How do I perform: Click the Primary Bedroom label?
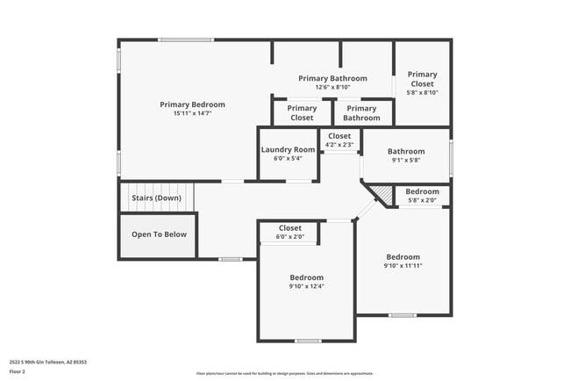(x=192, y=104)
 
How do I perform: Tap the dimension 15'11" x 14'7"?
(x=192, y=113)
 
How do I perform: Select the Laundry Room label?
(x=288, y=150)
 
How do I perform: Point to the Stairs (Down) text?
(x=156, y=198)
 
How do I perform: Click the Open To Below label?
(x=159, y=234)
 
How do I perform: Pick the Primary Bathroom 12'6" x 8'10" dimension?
(x=332, y=87)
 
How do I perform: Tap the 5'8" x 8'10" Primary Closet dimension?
(x=422, y=92)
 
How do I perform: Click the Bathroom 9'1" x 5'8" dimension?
(x=407, y=160)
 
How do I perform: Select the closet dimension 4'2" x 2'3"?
(x=338, y=145)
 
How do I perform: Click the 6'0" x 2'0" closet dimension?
(x=289, y=236)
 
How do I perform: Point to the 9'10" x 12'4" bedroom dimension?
(x=307, y=286)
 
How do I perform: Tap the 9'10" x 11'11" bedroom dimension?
(x=403, y=266)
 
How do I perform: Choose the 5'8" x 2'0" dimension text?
(x=423, y=200)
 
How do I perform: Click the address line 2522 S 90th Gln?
(x=48, y=362)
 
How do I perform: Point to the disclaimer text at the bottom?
(x=285, y=373)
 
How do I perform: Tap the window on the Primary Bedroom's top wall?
(x=186, y=40)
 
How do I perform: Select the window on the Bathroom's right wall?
(x=452, y=158)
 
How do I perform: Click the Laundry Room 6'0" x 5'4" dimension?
(x=288, y=159)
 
